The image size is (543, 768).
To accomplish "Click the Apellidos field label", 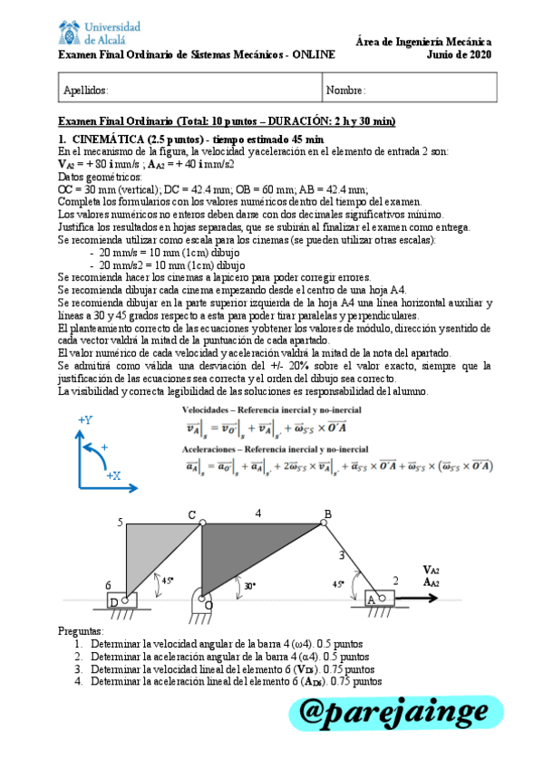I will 86,91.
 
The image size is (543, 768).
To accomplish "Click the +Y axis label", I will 85,420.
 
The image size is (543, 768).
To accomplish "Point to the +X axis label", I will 113,475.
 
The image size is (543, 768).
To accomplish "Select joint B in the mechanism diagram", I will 326,523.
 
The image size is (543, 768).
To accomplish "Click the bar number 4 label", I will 257,514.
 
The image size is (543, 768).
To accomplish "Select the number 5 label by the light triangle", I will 120,523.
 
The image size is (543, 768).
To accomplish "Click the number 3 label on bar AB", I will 341,554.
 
